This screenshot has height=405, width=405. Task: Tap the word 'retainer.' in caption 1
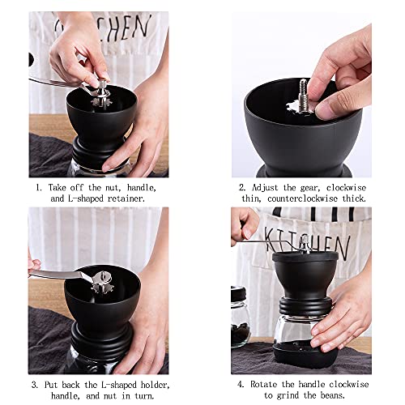pyautogui.click(x=126, y=198)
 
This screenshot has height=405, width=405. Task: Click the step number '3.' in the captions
pyautogui.click(x=35, y=385)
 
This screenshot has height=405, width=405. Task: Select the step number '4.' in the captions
pyautogui.click(x=241, y=384)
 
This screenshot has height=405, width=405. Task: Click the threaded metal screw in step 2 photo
pyautogui.click(x=304, y=95)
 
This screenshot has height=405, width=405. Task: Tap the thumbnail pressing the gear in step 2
pyautogui.click(x=325, y=110)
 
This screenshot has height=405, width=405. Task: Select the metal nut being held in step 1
pyautogui.click(x=102, y=85)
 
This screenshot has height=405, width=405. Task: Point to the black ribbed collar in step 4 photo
pyautogui.click(x=305, y=306)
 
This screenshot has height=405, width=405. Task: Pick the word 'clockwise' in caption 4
pyautogui.click(x=349, y=384)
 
